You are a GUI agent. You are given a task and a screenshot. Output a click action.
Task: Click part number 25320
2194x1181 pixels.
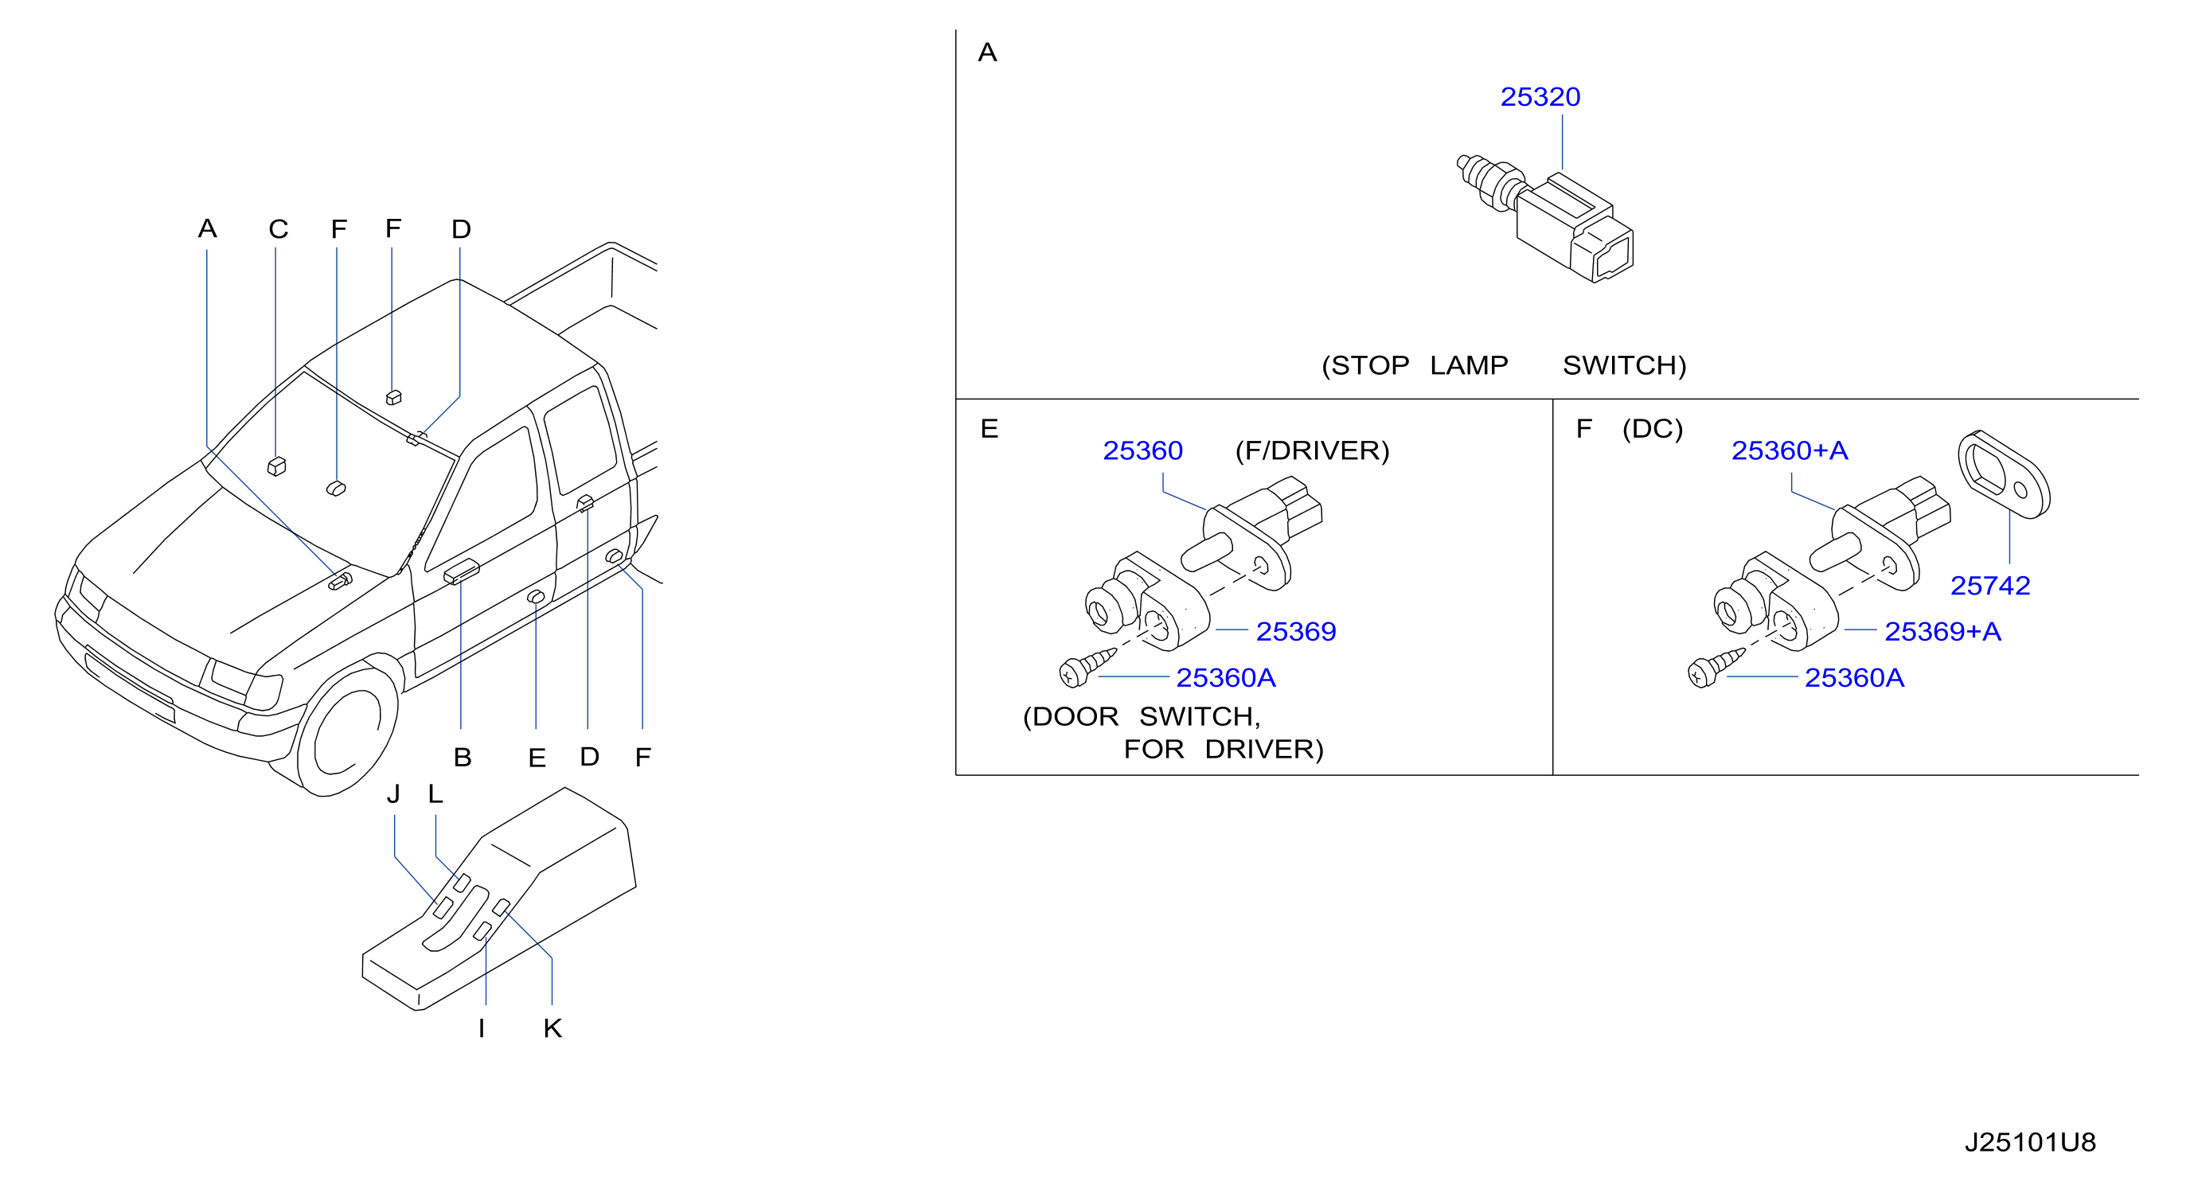click(1540, 97)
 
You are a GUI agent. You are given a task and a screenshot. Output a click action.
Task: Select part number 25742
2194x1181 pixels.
click(1990, 586)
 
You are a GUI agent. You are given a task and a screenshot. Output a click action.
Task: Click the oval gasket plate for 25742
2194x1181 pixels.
click(2003, 474)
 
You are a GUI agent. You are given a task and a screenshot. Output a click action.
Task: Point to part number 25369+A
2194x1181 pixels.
click(1942, 632)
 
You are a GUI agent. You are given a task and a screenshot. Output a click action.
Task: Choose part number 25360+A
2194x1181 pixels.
click(1790, 450)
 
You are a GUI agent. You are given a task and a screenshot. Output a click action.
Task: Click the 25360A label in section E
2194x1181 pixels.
click(1226, 678)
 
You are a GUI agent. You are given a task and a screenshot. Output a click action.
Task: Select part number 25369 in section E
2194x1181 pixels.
click(1296, 632)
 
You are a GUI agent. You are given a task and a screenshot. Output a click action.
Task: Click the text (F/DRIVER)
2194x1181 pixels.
click(1313, 450)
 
